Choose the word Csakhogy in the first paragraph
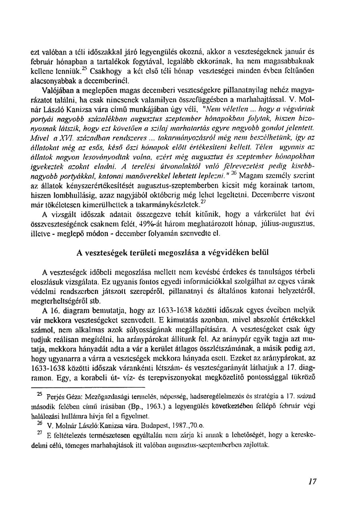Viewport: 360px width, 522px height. (106, 71)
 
